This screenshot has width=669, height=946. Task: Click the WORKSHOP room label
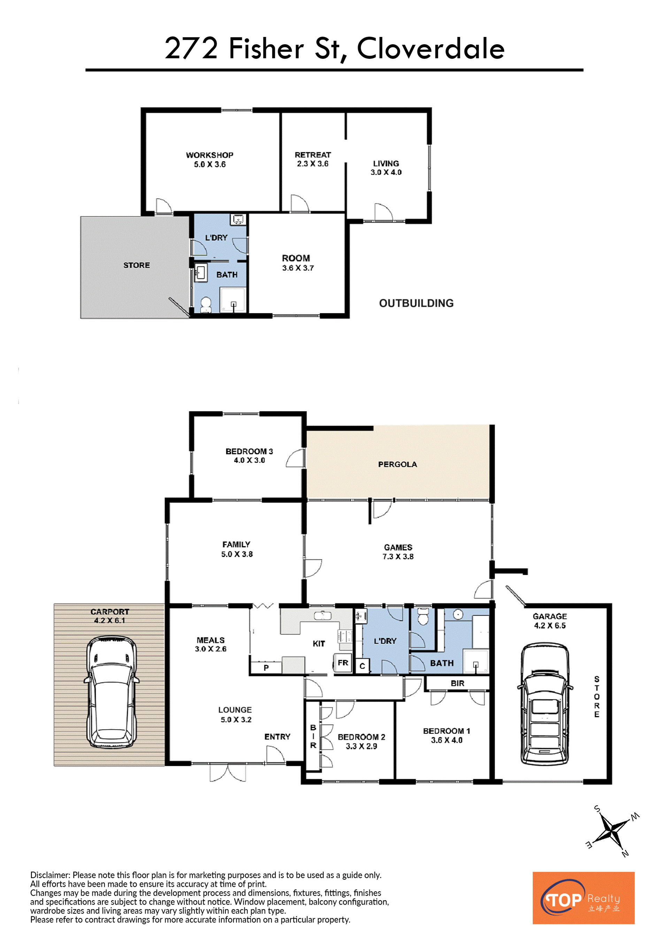(x=209, y=155)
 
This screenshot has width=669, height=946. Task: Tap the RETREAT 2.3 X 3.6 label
(x=313, y=159)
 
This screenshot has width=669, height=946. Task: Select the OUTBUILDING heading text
(x=416, y=303)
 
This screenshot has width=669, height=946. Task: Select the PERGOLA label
(x=398, y=464)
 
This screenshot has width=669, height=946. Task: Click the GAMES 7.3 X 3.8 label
(x=398, y=552)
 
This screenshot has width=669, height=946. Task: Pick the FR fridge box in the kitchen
(x=343, y=663)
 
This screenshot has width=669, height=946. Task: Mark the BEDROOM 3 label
(x=249, y=452)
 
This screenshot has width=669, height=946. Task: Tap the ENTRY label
(x=277, y=737)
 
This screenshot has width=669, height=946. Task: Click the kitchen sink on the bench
(x=323, y=616)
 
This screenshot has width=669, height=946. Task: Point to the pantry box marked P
(x=266, y=668)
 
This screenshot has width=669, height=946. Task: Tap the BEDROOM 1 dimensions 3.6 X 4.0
(x=447, y=740)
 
